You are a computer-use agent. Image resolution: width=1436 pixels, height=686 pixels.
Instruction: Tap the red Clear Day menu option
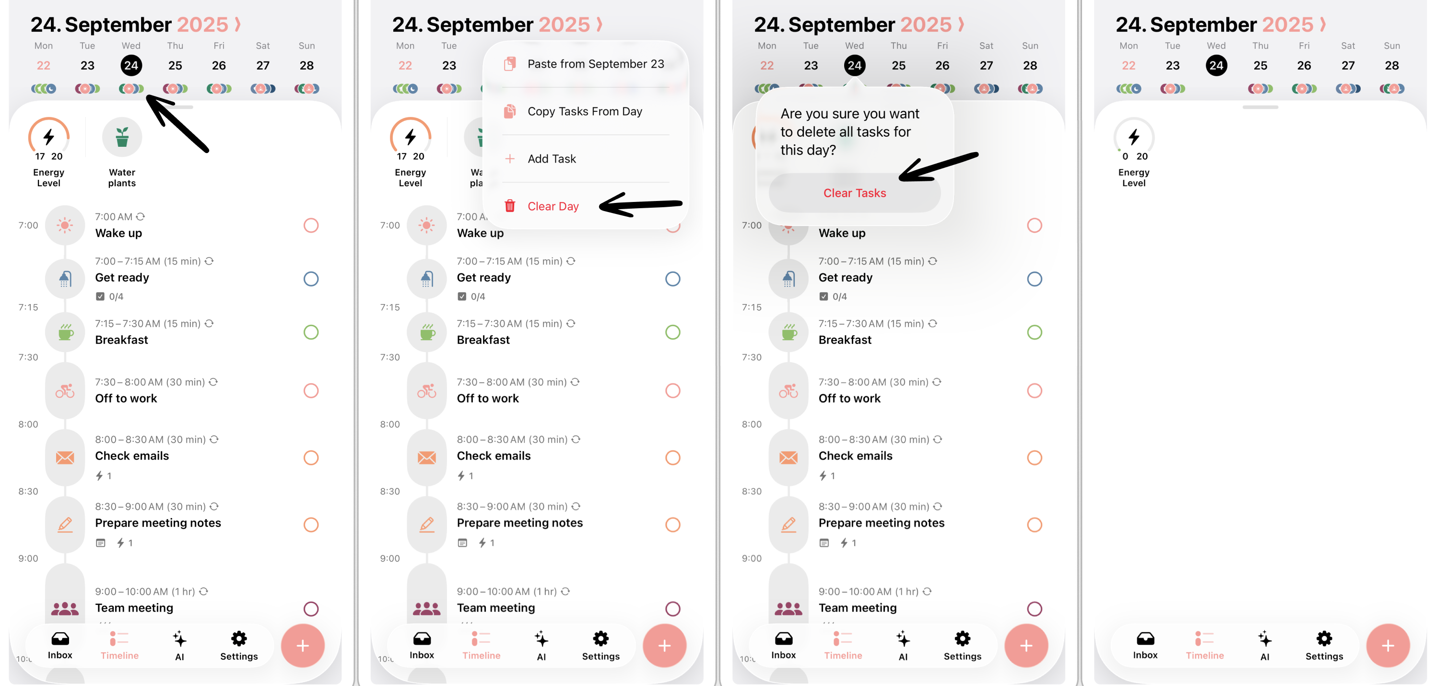tap(553, 206)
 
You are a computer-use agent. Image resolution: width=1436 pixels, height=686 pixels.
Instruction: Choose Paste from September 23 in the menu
tap(595, 64)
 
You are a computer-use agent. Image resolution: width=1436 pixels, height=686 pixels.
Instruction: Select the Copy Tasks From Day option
tap(585, 112)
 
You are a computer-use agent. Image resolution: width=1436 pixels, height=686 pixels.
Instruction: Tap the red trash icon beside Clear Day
tap(509, 206)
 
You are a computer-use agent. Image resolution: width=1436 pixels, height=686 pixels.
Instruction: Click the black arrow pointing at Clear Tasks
tap(939, 167)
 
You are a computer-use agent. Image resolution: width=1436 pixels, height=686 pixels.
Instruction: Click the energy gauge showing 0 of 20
tap(1133, 137)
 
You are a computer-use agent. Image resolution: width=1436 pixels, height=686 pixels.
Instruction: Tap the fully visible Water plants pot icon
tap(122, 137)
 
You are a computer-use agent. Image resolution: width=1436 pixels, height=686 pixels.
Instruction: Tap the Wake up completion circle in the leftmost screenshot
tap(311, 225)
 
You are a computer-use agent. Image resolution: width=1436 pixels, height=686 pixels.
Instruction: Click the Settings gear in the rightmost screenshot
tap(1324, 639)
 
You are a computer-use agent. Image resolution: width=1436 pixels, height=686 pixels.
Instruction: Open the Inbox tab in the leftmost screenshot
tap(60, 645)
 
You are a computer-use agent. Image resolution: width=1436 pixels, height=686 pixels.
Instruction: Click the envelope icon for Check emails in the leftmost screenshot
tap(65, 458)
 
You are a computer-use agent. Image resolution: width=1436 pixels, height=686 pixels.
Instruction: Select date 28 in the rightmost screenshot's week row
tap(1391, 66)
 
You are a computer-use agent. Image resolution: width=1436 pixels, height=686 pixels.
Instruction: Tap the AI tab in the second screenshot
tap(541, 645)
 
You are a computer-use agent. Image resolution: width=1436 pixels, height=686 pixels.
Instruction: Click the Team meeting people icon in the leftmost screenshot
tap(65, 608)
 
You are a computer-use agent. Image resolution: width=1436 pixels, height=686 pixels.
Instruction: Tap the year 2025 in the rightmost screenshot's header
tap(1288, 24)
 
